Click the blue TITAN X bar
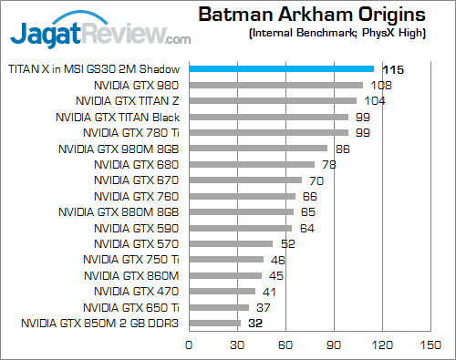click(x=281, y=68)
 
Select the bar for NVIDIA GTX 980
click(x=275, y=85)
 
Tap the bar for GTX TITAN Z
click(x=272, y=100)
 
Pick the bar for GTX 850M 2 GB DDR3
click(x=214, y=323)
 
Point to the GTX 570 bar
click(x=231, y=243)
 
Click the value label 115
click(x=393, y=68)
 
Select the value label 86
click(x=343, y=148)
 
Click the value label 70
click(x=317, y=180)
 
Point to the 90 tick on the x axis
click(x=334, y=345)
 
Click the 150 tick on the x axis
click(x=430, y=345)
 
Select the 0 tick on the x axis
click(x=189, y=345)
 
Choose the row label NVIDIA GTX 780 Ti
click(x=130, y=132)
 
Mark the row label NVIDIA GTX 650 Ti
click(x=130, y=307)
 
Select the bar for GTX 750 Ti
click(x=225, y=259)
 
